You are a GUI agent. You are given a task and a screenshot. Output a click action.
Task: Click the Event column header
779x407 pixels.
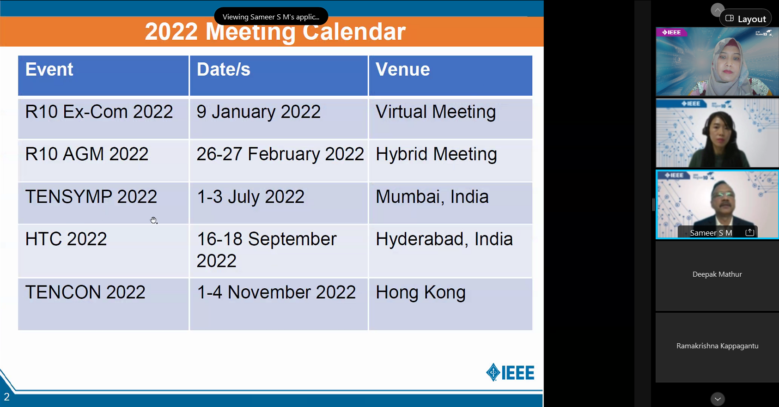click(103, 75)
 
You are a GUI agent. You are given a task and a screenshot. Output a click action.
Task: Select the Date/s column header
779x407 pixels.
click(279, 75)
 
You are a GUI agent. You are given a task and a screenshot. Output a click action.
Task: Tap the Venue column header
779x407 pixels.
click(450, 75)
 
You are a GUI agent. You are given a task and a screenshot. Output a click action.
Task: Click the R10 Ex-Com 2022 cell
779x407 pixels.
click(103, 119)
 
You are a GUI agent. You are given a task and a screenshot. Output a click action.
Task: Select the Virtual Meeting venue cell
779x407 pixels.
click(450, 119)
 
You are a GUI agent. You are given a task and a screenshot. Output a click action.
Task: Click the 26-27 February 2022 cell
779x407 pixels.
click(279, 161)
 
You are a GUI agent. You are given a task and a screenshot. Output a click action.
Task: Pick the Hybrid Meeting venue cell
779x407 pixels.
click(450, 161)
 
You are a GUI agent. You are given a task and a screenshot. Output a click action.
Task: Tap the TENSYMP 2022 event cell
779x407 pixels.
click(103, 203)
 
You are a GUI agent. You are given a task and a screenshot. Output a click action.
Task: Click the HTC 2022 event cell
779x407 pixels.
click(103, 251)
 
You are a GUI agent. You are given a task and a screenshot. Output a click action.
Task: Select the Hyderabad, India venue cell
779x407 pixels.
click(450, 251)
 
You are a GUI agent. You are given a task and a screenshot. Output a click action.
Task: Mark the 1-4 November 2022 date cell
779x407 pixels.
click(279, 304)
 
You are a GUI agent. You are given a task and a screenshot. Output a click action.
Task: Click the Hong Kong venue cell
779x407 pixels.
click(450, 304)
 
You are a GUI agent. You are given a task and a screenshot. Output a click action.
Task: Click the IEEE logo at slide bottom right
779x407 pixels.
click(510, 372)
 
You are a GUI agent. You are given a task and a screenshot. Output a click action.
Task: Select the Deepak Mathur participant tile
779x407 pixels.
click(717, 276)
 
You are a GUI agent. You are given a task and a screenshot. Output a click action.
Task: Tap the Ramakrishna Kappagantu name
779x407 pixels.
click(718, 346)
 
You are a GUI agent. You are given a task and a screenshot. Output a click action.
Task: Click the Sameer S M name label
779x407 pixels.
click(711, 233)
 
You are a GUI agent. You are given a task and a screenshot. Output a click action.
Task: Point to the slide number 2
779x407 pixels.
click(6, 397)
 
